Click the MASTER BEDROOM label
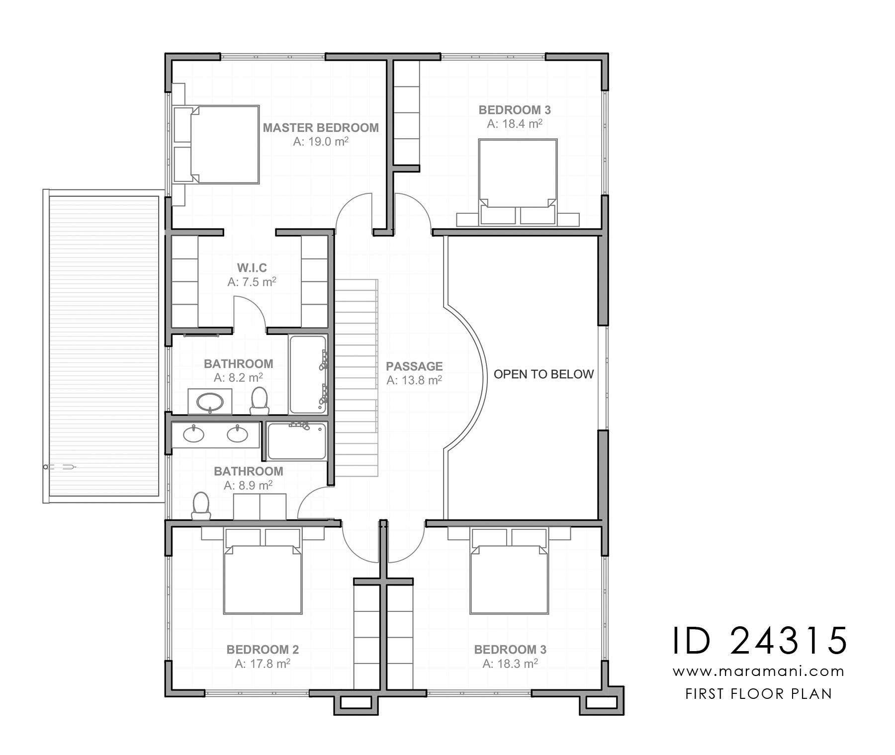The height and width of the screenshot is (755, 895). [321, 128]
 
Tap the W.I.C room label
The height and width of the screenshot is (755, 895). [252, 268]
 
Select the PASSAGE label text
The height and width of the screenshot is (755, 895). [414, 366]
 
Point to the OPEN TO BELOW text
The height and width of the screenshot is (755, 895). [543, 374]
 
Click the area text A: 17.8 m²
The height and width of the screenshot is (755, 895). [263, 664]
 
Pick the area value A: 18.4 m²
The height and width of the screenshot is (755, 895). [515, 124]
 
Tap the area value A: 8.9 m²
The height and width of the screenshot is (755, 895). [248, 485]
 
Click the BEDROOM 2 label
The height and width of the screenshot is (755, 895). [263, 650]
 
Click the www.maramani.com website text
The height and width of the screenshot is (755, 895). [759, 672]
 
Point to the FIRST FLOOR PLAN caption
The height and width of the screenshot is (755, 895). [759, 694]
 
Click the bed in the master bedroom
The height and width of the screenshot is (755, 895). [216, 144]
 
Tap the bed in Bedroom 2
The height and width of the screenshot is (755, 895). [263, 571]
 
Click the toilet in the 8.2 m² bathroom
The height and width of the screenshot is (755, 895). [259, 401]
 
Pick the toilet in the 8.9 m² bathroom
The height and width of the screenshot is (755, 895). [201, 506]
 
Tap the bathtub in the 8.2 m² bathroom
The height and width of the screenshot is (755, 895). [308, 375]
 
